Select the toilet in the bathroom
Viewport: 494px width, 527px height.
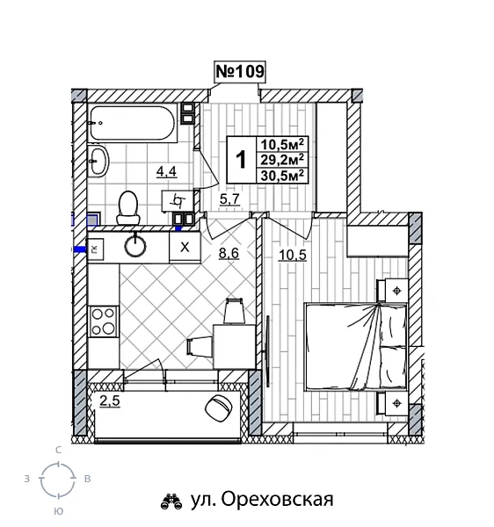click(129, 206)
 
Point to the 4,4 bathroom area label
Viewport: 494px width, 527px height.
click(166, 171)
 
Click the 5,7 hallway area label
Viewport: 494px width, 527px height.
click(229, 199)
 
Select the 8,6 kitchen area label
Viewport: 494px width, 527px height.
click(229, 254)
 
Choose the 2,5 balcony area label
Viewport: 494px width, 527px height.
click(109, 402)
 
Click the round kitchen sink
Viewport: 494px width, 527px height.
click(135, 245)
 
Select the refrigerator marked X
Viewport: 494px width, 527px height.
click(185, 247)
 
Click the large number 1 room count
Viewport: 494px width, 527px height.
click(241, 160)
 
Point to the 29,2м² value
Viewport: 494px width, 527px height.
click(282, 159)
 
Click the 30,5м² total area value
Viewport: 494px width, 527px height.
click(282, 174)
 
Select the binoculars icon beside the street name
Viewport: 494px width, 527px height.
click(171, 501)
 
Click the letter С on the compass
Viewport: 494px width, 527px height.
click(59, 450)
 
